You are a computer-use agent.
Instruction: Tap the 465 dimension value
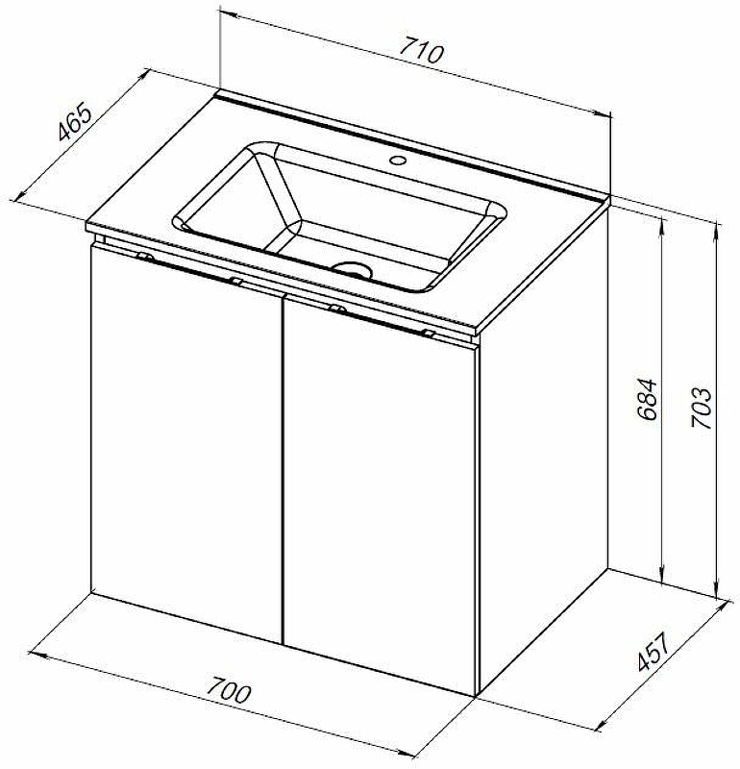click(75, 121)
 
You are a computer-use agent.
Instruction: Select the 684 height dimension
click(647, 399)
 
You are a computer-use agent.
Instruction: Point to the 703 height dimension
click(702, 408)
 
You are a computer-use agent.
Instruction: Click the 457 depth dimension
click(654, 652)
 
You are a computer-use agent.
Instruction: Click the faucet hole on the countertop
click(397, 160)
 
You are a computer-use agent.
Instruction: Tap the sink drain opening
click(351, 269)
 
